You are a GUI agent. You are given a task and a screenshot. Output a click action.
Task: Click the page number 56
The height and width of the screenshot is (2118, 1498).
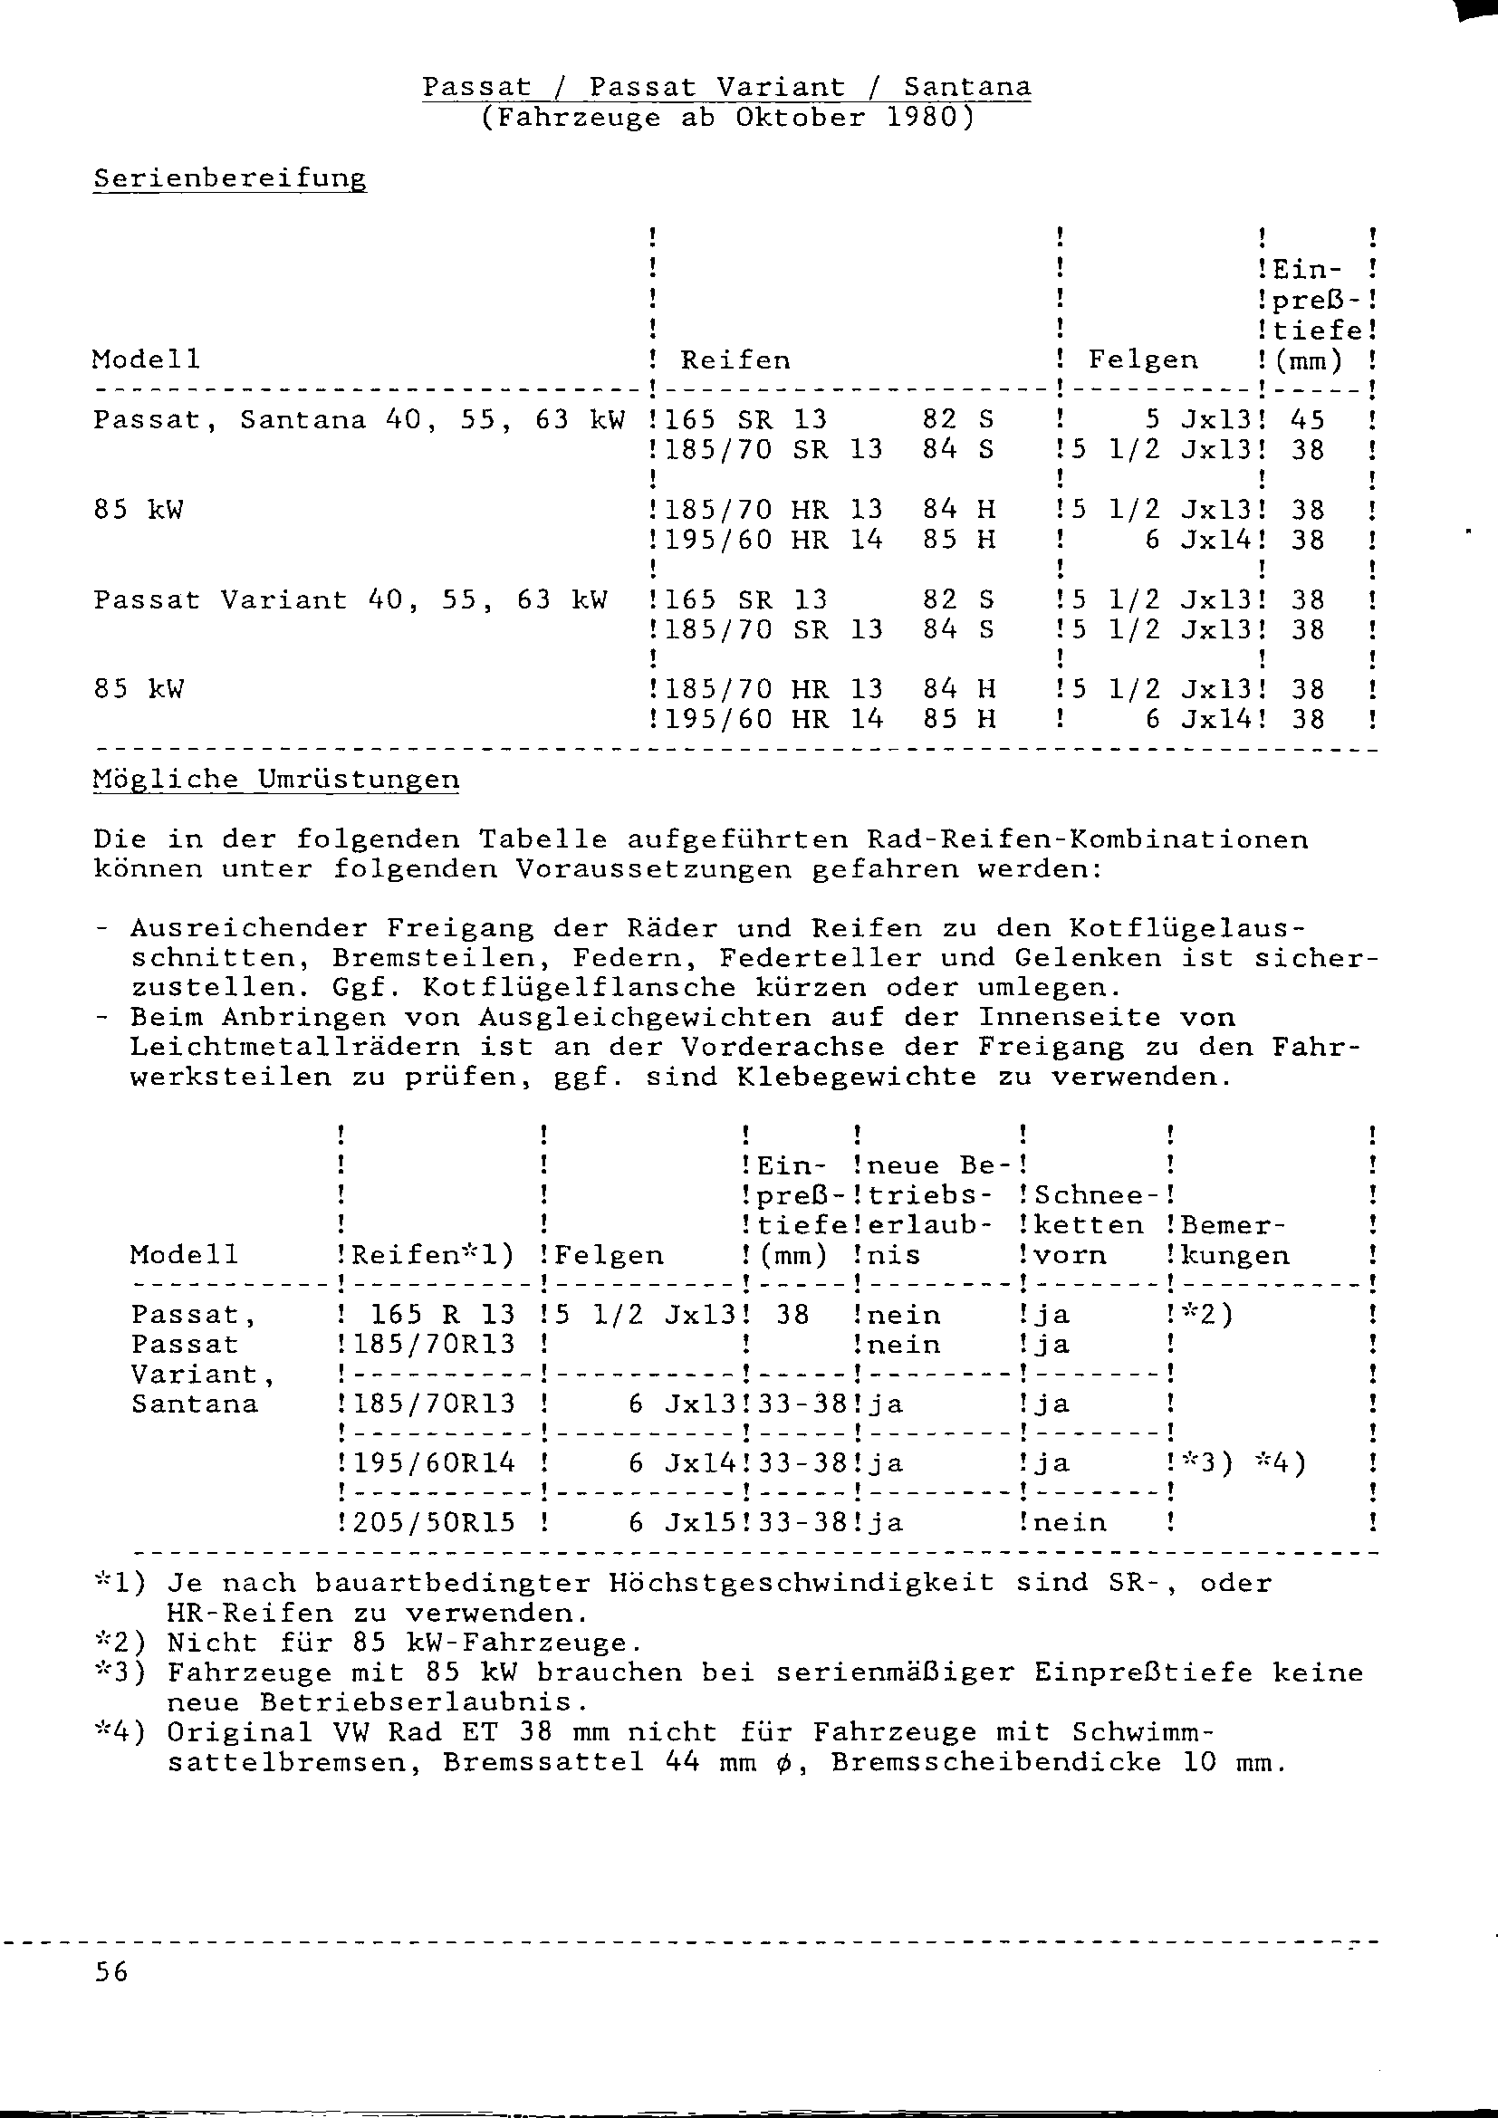pyautogui.click(x=110, y=1972)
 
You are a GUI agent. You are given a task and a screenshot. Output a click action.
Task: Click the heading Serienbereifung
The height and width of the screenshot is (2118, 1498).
pyautogui.click(x=230, y=178)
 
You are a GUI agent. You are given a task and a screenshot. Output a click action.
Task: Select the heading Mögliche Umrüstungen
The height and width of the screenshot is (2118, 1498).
pyautogui.click(x=276, y=780)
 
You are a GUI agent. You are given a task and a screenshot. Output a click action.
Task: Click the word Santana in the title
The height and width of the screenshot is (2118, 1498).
pyautogui.click(x=966, y=88)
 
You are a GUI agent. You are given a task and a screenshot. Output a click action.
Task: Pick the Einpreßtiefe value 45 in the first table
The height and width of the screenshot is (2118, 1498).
pyautogui.click(x=1307, y=421)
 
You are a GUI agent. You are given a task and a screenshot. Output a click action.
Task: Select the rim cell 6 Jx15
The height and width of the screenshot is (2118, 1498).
pyautogui.click(x=684, y=1522)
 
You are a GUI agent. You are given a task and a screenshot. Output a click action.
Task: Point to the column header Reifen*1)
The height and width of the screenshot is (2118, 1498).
pyautogui.click(x=433, y=1254)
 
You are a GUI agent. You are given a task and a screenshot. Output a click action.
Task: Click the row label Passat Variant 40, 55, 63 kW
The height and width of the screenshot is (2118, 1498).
pyautogui.click(x=350, y=600)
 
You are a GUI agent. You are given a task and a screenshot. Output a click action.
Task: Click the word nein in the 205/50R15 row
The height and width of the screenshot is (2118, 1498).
pyautogui.click(x=1069, y=1522)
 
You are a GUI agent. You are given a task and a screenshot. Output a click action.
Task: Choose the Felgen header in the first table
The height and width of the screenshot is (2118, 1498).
pyautogui.click(x=1143, y=359)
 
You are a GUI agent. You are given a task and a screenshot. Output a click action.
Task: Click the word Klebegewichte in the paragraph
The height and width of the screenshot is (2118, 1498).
pyautogui.click(x=856, y=1078)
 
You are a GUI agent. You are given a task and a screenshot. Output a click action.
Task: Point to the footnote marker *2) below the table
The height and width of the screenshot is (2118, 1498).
pyautogui.click(x=120, y=1643)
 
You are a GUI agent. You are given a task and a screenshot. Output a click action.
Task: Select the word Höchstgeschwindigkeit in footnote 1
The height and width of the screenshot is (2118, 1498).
pyautogui.click(x=802, y=1583)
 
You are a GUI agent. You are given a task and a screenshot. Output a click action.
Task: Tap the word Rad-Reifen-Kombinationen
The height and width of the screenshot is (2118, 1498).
pyautogui.click(x=1087, y=840)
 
